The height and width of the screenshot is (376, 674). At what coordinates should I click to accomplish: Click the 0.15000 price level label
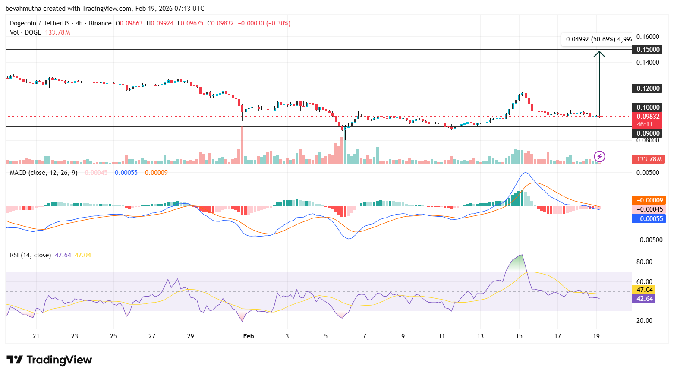click(648, 50)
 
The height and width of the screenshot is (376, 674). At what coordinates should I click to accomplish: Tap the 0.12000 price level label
click(648, 88)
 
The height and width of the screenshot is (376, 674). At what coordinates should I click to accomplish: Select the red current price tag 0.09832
click(648, 117)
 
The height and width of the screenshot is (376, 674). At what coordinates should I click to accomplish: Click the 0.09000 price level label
click(648, 133)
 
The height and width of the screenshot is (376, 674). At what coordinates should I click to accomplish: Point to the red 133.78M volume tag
click(649, 159)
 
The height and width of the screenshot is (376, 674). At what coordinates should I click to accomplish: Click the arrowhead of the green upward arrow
click(599, 54)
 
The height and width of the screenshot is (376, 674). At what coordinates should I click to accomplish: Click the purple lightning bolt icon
click(599, 156)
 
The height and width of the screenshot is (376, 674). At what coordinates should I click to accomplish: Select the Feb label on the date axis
click(249, 336)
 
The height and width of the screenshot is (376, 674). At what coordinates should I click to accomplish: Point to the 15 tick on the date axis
click(519, 336)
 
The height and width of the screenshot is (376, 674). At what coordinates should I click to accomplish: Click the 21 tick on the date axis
click(36, 336)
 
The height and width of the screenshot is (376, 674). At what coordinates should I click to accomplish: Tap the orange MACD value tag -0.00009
click(649, 200)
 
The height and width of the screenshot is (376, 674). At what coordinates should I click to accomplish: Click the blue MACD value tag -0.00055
click(649, 219)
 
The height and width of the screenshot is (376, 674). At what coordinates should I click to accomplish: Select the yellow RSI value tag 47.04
click(644, 290)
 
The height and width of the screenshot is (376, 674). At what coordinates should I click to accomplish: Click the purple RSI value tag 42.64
click(644, 299)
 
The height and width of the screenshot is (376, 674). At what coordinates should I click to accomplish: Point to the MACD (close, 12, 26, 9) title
click(44, 173)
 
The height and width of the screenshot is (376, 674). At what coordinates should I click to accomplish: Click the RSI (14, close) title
click(30, 255)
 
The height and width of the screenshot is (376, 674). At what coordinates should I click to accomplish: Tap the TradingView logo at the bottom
click(49, 360)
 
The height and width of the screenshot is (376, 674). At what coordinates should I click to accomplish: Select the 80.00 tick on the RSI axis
click(644, 262)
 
